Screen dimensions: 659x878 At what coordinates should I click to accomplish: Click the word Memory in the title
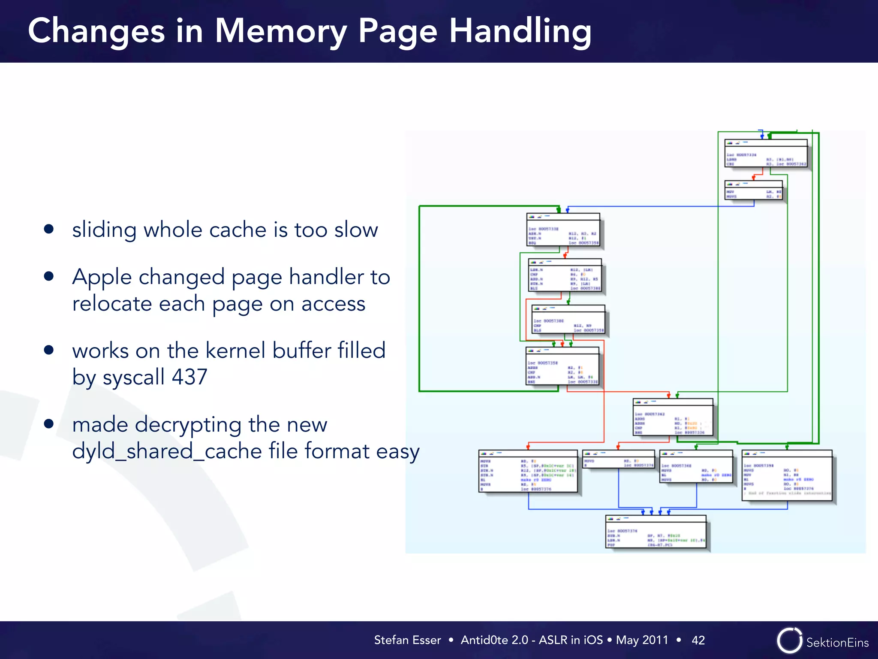(281, 31)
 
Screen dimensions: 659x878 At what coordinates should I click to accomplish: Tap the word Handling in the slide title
(520, 32)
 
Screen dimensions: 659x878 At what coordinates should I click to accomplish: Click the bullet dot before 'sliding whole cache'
(49, 229)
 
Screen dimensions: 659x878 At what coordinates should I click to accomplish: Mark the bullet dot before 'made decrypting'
(49, 424)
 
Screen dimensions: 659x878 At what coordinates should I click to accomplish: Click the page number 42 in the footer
(698, 640)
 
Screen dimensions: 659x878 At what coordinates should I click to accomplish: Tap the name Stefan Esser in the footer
(407, 640)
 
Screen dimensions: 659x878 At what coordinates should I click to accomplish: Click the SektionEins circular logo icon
(789, 641)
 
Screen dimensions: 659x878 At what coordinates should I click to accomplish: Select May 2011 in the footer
(642, 640)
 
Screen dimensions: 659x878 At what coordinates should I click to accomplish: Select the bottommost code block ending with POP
(655, 532)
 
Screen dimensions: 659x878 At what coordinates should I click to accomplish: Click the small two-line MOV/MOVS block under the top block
(753, 190)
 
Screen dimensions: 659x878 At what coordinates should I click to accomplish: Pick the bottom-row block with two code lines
(618, 460)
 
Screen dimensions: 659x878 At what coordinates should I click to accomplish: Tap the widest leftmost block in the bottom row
(528, 471)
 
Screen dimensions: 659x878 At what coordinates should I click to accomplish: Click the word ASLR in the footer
(553, 640)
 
